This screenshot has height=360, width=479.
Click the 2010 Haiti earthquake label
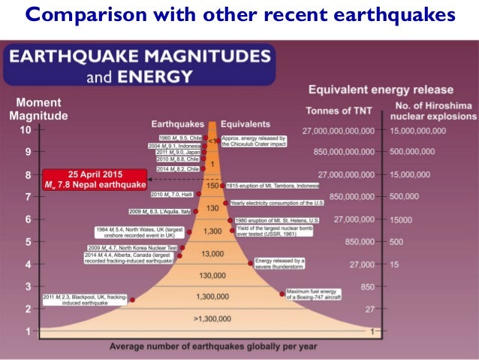(x=173, y=195)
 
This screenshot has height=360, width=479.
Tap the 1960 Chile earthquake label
(x=174, y=138)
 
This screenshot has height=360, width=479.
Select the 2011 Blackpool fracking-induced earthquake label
(x=84, y=300)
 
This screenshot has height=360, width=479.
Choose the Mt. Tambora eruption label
(x=268, y=185)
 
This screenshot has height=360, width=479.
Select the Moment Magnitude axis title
(x=38, y=109)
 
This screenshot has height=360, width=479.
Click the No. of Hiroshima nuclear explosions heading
(x=434, y=110)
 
